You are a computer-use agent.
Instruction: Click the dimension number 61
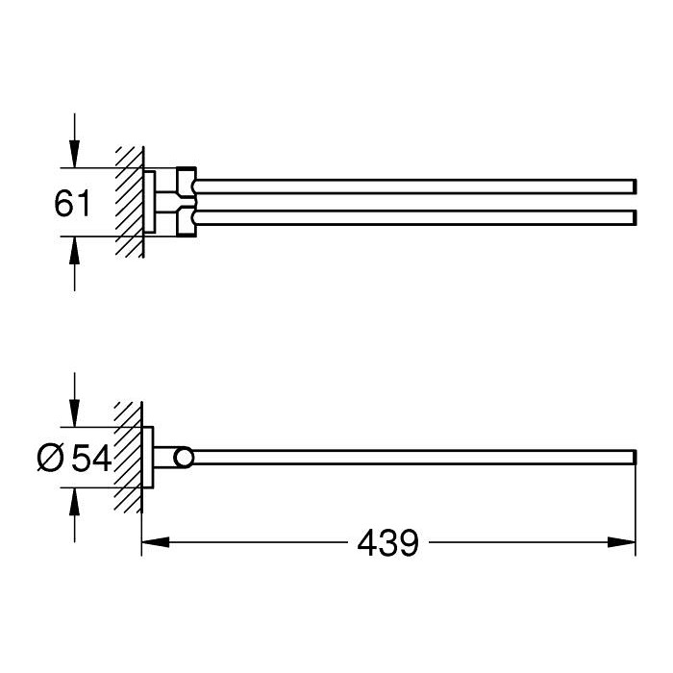click(x=72, y=204)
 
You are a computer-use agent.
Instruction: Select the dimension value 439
click(x=387, y=543)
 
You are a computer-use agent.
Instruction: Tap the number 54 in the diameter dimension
click(x=91, y=458)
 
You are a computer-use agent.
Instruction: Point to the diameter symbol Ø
click(x=51, y=458)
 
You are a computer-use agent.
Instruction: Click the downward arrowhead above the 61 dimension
click(x=75, y=154)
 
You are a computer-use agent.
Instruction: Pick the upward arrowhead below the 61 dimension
click(x=75, y=250)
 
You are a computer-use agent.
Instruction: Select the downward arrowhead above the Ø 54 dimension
click(x=75, y=412)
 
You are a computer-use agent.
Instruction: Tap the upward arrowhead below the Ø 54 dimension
click(x=75, y=502)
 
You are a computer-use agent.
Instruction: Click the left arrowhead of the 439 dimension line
click(x=156, y=542)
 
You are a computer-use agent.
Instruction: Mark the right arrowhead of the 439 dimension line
click(x=621, y=542)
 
